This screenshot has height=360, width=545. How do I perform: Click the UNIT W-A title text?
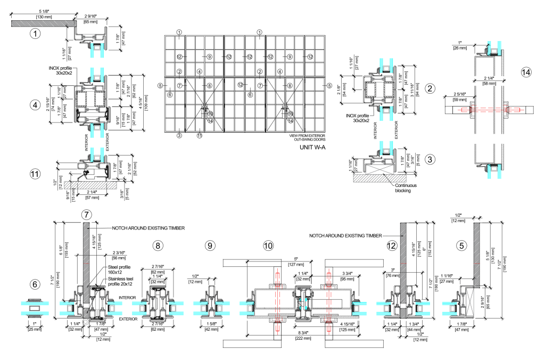(308, 148)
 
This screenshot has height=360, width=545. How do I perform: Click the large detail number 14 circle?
(526, 71)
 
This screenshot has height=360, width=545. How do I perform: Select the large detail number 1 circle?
(35, 35)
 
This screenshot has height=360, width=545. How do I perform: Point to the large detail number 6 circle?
(35, 285)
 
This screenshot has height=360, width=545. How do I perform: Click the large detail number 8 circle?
(158, 246)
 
